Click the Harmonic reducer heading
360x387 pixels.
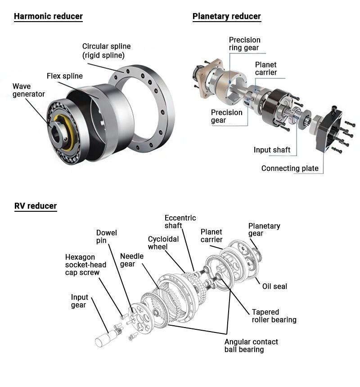coord(48,17)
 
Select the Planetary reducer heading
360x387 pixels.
coord(226,17)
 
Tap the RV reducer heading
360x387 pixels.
coord(36,206)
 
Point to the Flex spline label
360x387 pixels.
coord(65,76)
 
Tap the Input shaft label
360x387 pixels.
coord(272,150)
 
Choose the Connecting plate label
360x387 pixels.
coord(290,168)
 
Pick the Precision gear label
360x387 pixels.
coord(227,116)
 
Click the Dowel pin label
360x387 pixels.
coord(107,237)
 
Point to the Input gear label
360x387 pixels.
coord(80,301)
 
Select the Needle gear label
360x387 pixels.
coord(132,260)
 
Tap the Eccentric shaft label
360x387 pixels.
coord(180,222)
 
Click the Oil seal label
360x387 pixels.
coord(274,287)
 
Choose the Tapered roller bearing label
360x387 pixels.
coord(274,316)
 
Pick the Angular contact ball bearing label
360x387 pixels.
coord(251,346)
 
